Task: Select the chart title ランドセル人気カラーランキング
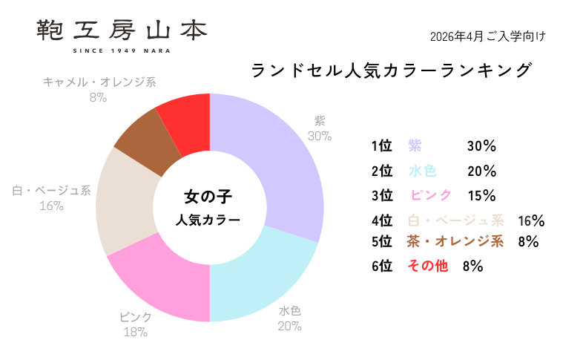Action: (392, 71)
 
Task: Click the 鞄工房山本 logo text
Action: (122, 30)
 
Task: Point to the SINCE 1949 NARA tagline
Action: (122, 50)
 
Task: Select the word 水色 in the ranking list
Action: (422, 171)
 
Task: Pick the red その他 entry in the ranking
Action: (428, 266)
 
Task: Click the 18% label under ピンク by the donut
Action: (135, 332)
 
